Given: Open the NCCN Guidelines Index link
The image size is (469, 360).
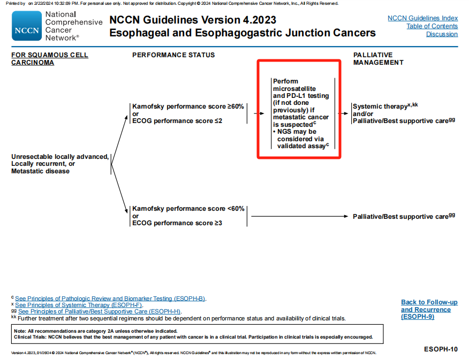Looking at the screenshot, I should (422, 18).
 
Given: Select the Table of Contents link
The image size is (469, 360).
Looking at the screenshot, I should (432, 26).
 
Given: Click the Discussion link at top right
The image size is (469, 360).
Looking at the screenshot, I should (442, 34).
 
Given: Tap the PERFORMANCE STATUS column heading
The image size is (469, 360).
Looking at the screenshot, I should (173, 55).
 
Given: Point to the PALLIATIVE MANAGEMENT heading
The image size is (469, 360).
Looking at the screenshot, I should (378, 59).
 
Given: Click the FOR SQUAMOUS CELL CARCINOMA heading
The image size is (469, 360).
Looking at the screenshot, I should (50, 59).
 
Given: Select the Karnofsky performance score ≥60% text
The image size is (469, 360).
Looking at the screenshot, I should (188, 106).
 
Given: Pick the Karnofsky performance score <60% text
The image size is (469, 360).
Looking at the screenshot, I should (188, 209).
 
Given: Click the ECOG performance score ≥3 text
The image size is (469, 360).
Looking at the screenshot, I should (177, 223).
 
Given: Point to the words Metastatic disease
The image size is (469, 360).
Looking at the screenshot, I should (40, 171).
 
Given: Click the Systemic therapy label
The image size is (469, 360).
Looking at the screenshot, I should (380, 107).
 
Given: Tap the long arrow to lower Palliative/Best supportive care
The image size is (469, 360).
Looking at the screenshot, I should (300, 216).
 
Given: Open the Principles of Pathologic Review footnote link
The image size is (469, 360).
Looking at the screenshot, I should (110, 298).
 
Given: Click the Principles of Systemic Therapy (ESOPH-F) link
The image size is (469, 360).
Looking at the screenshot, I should (79, 305).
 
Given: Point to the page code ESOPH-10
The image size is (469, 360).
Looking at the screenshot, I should (440, 349).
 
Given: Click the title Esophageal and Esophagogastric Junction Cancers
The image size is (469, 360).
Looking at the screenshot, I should (242, 33).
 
